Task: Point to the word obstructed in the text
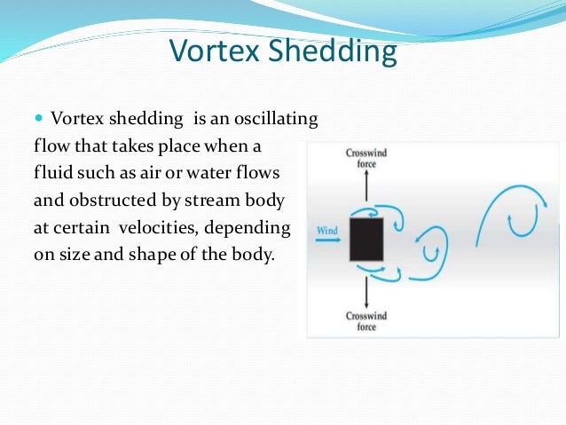(x=115, y=201)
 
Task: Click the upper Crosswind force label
(x=366, y=159)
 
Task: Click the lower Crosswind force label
(x=366, y=321)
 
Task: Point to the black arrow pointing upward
(x=366, y=189)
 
